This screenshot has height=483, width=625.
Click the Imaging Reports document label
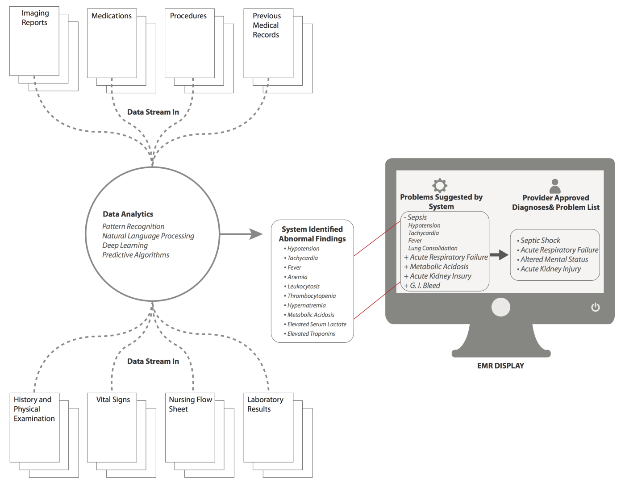tap(35, 18)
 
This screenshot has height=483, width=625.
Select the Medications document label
tap(112, 16)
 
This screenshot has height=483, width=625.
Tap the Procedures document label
tap(188, 16)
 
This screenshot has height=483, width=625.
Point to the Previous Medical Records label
tap(266, 25)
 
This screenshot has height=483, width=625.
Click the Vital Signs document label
tap(113, 400)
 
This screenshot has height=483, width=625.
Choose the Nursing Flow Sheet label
tap(190, 404)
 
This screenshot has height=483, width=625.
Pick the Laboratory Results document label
tap(265, 404)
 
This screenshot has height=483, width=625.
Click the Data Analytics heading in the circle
tap(128, 214)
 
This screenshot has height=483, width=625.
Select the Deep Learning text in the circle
tap(125, 246)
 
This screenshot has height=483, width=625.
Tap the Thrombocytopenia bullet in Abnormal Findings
tap(311, 296)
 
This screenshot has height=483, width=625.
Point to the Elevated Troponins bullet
tap(311, 334)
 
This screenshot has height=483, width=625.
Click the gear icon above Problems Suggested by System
tap(440, 185)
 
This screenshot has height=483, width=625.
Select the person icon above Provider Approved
tap(555, 186)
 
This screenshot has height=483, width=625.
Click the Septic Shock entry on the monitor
tap(540, 241)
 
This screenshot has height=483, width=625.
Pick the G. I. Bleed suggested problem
tap(425, 286)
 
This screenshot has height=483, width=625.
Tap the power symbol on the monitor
tap(596, 307)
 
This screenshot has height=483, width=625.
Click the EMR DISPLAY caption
tap(500, 366)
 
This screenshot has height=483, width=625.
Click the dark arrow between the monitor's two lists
tap(499, 255)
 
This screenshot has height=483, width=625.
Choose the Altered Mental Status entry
tap(554, 259)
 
